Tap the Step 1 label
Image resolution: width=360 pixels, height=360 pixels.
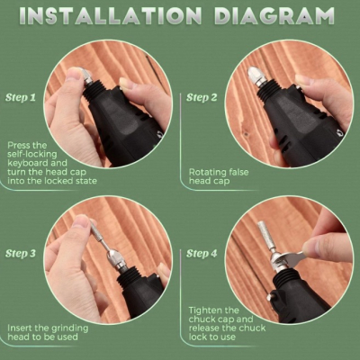pos(22,97)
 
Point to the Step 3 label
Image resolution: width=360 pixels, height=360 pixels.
pos(22,255)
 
